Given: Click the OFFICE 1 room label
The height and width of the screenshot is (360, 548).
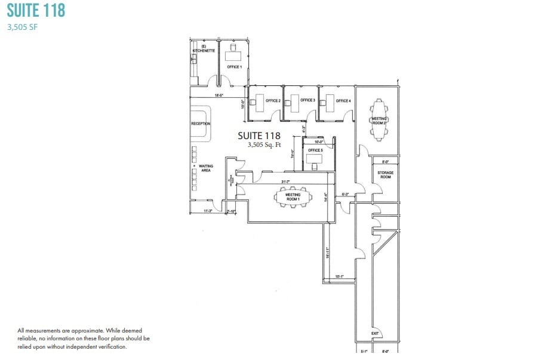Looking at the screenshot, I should coord(234,67).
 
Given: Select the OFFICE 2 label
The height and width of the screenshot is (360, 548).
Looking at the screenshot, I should coord(273,101).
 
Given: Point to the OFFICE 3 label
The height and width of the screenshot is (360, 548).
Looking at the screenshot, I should coord(307,100).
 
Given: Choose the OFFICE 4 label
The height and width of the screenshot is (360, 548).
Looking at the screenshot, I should coord(343,101).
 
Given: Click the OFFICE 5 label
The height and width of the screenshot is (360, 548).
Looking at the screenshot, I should coord(315,150).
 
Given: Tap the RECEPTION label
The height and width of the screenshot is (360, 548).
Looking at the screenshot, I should coord(201,124).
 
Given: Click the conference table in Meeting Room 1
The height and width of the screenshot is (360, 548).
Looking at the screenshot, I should coord(292,197).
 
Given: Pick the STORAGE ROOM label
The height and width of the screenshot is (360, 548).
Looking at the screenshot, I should coord(385,174).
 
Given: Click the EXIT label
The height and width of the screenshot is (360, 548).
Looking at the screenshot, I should coord(375,333).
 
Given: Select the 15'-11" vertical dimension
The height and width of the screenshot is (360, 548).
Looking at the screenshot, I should coord(327,253).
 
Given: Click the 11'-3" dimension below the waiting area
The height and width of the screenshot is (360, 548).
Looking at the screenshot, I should coord(208,211).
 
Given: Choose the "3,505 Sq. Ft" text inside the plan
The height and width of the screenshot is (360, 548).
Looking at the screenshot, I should coord(258,145).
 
